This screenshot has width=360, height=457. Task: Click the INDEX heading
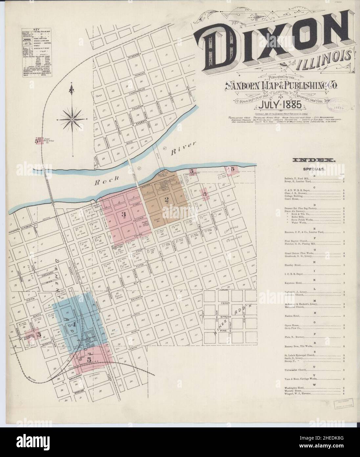(x=313, y=160)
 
